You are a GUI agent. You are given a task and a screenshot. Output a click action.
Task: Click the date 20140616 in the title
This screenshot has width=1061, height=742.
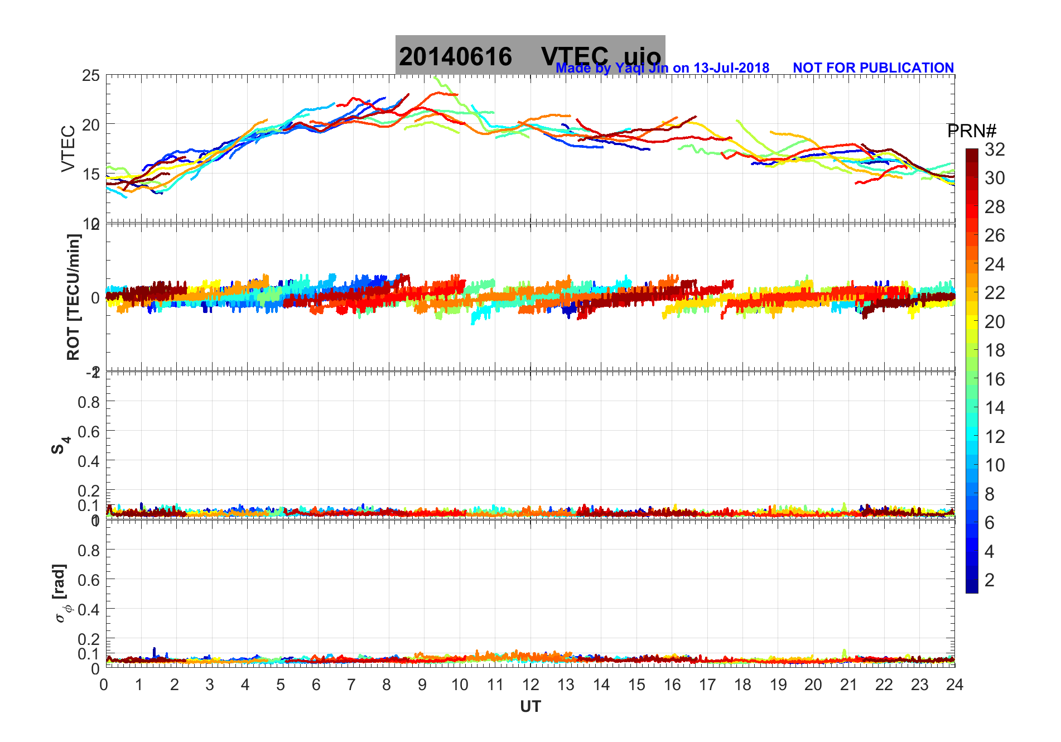click(455, 57)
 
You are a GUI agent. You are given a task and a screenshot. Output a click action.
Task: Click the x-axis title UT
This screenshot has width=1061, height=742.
click(530, 707)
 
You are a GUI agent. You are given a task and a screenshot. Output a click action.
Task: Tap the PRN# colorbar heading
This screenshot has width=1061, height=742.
click(972, 131)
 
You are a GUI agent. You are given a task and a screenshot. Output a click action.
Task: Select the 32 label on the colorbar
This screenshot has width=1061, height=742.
click(995, 149)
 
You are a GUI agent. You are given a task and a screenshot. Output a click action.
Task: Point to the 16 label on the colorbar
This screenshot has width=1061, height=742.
click(995, 379)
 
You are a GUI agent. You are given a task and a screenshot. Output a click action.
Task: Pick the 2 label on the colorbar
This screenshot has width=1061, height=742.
click(990, 580)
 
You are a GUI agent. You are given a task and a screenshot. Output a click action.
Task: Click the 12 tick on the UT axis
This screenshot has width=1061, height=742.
click(530, 685)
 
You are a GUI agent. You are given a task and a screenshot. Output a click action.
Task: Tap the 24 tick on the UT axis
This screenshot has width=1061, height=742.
click(954, 685)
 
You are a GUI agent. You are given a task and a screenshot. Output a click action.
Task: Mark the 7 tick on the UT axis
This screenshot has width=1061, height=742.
click(351, 685)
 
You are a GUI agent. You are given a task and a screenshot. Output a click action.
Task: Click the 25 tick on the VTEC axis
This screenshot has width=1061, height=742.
click(91, 76)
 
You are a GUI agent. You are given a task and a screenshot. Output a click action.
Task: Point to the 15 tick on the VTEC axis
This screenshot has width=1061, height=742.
click(91, 174)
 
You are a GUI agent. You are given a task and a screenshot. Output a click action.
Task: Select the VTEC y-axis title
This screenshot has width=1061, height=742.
click(68, 148)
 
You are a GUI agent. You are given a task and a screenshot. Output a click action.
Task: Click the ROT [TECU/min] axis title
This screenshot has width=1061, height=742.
click(74, 297)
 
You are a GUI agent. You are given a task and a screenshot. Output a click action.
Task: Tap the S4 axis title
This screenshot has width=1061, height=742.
click(60, 445)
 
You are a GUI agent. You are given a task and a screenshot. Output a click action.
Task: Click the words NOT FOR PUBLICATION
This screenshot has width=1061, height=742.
click(873, 68)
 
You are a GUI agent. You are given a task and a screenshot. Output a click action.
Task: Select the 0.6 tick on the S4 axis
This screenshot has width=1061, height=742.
click(88, 431)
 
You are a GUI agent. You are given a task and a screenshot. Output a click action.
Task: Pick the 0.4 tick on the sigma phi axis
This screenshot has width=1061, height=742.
click(88, 609)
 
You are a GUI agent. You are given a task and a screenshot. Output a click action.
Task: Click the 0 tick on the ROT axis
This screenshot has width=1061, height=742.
click(95, 298)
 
